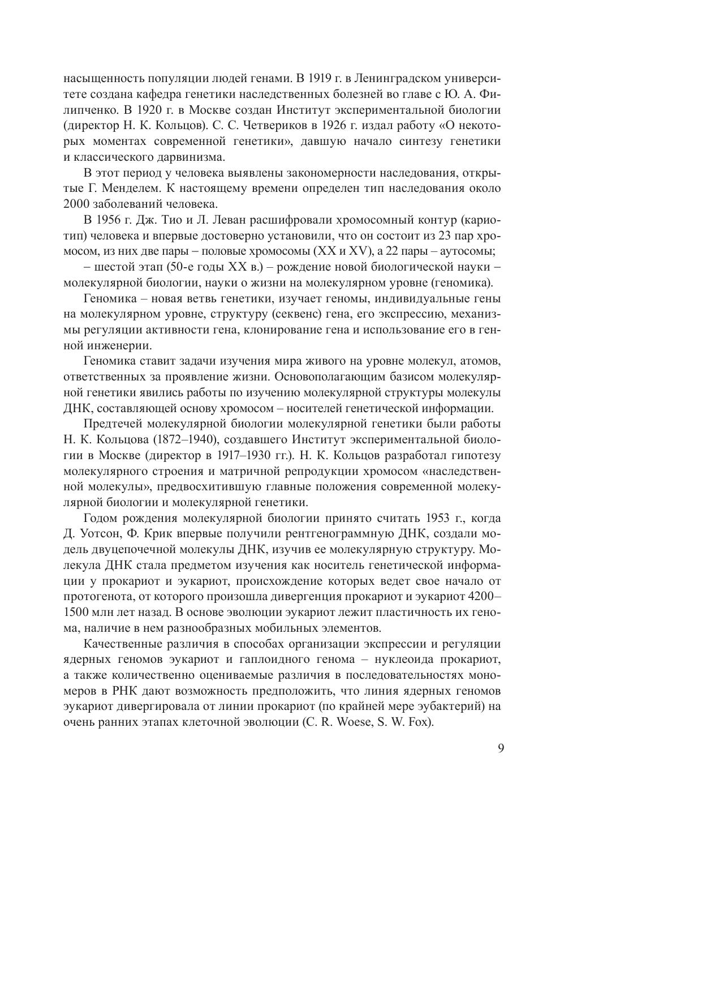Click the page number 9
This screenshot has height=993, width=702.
501,748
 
